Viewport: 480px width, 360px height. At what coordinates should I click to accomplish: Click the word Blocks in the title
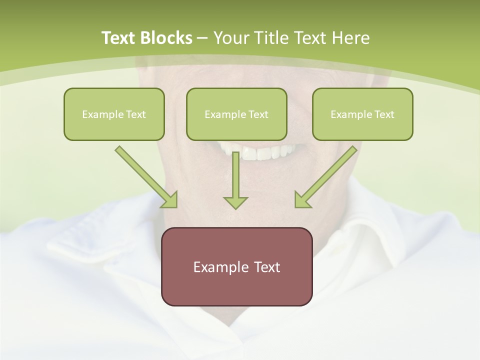(167, 38)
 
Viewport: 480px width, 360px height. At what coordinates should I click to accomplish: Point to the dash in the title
(202, 38)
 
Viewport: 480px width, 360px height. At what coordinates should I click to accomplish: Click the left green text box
(114, 114)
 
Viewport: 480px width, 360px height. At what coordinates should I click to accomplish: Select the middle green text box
(236, 114)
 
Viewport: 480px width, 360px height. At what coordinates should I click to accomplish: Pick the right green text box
(362, 114)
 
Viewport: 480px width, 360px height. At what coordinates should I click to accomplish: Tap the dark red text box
(236, 266)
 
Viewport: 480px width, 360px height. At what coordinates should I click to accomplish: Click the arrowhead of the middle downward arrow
(235, 202)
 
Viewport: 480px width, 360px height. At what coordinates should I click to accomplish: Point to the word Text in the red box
(267, 267)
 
